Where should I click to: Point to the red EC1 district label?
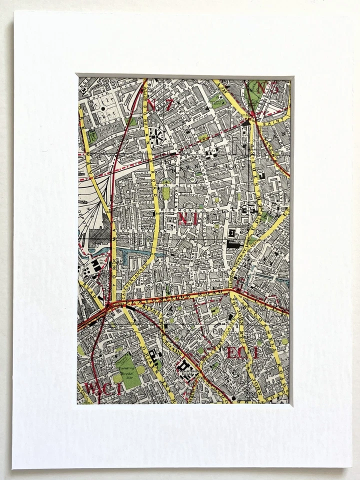tap(242, 352)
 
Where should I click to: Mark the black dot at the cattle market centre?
tap(103, 107)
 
